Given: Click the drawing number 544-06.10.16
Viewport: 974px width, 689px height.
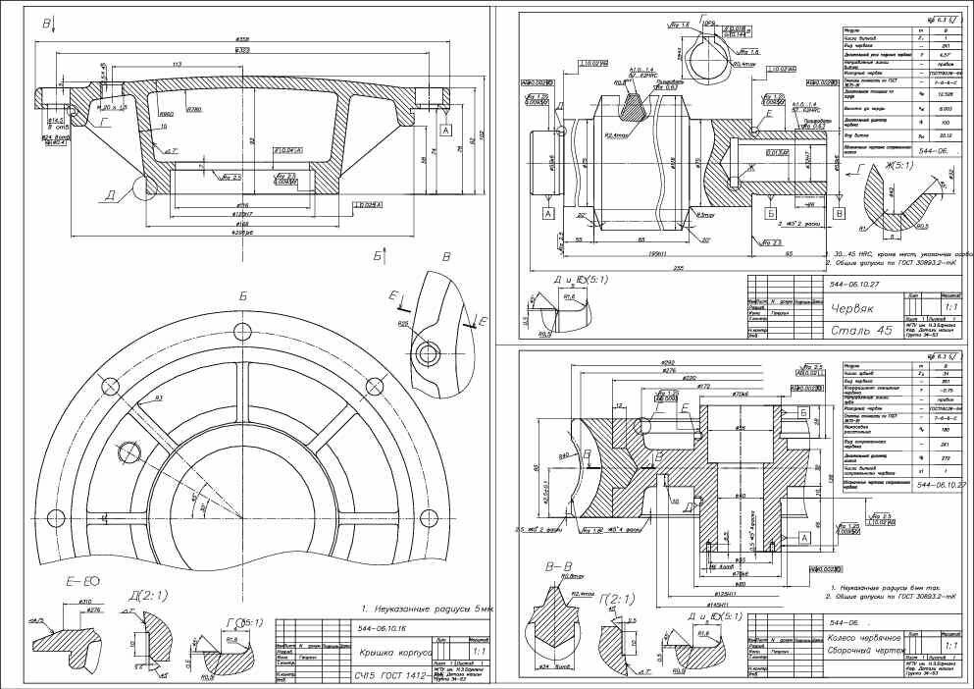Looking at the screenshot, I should coord(386,628).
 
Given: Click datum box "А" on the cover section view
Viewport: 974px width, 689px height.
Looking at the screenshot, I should coord(445,130).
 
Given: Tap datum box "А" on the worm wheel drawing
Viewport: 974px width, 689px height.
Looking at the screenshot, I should coord(804,538).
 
